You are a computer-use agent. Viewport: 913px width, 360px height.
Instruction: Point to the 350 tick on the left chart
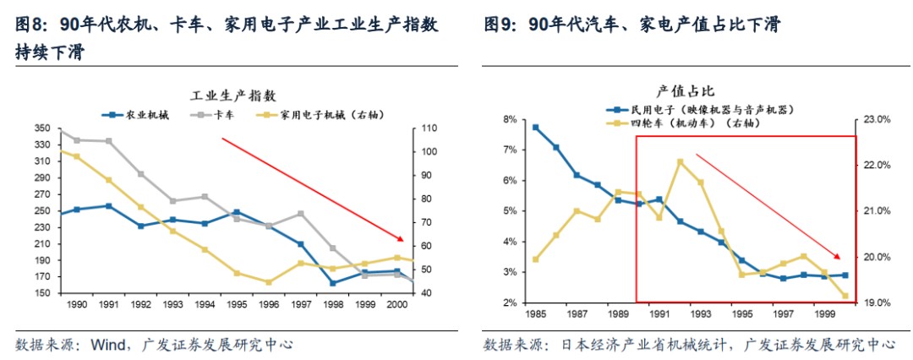[x=43, y=128]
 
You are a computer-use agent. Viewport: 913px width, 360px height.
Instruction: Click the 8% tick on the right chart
[x=509, y=120]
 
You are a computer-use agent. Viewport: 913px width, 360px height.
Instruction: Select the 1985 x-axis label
[x=534, y=314]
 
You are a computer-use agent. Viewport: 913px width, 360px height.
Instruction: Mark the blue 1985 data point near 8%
[x=535, y=128]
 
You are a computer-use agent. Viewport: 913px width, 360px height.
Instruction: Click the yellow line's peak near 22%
[x=680, y=161]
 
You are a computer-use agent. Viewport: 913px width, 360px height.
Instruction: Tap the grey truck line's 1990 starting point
[x=60, y=132]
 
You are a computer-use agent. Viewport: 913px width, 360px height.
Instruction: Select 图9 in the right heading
[x=499, y=25]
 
